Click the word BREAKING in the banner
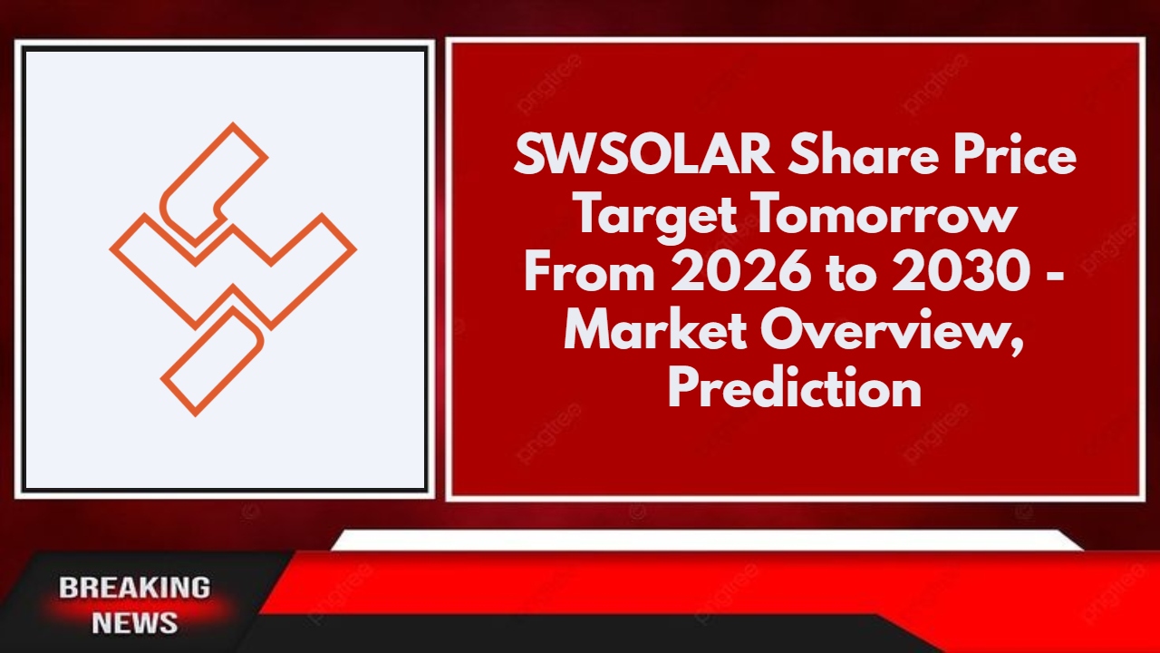click(x=135, y=588)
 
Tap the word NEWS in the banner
click(x=135, y=623)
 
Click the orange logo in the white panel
click(x=233, y=269)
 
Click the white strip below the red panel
click(x=707, y=541)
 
